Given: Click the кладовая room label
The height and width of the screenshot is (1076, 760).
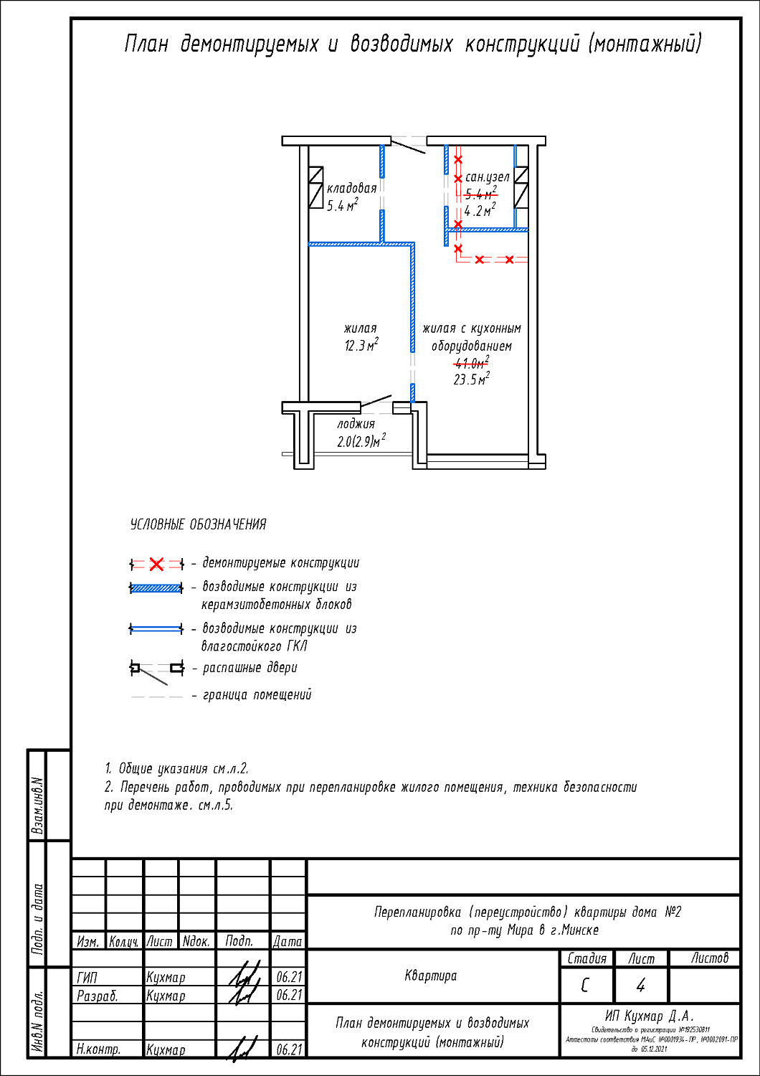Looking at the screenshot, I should pos(351,188).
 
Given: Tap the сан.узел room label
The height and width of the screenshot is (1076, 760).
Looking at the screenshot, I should pos(488,176).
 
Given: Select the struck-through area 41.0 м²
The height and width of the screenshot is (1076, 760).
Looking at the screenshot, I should pos(471,363).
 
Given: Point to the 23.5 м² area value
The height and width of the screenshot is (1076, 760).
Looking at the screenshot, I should pos(471,379).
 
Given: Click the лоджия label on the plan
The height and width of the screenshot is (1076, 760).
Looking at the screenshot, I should pos(356,424).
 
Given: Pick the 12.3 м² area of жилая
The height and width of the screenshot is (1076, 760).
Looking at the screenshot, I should pos(361,346).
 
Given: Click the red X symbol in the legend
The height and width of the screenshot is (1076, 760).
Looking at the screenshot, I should pos(156,564).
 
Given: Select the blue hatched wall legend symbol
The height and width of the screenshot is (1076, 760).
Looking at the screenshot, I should pos(156,588).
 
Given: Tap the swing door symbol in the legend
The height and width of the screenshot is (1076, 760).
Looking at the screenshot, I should pos(156,670).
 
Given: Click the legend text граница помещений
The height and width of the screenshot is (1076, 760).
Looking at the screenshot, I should pos(257,695).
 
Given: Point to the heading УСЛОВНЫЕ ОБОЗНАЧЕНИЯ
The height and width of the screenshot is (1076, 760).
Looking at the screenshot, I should pos(198,524).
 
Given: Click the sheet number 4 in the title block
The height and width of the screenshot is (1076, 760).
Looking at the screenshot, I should pos(640,986).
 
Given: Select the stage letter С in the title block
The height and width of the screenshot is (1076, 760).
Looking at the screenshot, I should pos(585,986).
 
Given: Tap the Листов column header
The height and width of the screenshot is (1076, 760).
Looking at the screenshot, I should pos(709,958).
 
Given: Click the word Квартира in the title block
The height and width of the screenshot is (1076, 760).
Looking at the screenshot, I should pos(430,976).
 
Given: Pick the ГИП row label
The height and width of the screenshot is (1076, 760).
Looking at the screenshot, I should pos(87,977).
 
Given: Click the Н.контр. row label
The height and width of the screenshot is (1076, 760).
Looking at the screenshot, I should pos(98,1049).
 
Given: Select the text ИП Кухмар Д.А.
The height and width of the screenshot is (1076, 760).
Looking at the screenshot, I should pos(649,1016).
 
